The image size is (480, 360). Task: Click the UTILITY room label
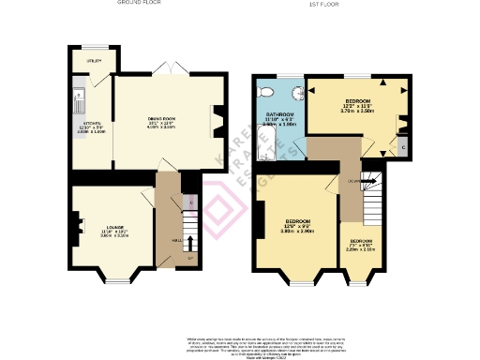(x=93, y=61)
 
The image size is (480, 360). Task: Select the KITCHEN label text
(x=91, y=124)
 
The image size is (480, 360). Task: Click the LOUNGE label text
(x=113, y=227)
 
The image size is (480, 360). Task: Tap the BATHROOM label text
(x=268, y=113)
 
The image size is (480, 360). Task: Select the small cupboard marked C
(x=403, y=146)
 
